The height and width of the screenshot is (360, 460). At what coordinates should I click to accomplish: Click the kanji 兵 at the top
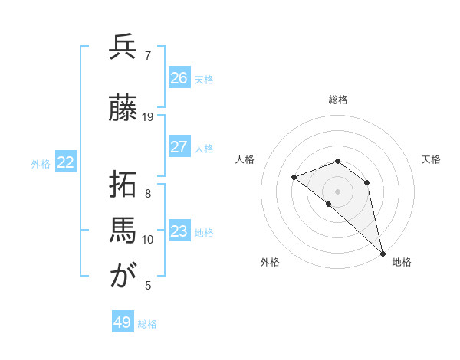coord(123,47)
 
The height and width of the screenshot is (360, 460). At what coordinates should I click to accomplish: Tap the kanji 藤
coord(123,109)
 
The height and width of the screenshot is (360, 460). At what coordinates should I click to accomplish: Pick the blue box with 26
coord(179,78)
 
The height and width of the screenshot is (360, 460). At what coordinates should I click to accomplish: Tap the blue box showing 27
coord(179,147)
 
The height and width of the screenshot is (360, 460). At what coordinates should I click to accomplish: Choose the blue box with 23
coord(179,231)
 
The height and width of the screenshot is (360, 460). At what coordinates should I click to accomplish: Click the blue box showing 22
coord(66,162)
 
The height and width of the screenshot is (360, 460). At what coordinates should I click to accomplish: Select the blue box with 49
coord(123,322)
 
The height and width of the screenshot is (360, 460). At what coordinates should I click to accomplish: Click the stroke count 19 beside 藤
coord(148,117)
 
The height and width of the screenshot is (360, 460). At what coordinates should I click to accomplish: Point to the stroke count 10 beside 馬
coord(148,240)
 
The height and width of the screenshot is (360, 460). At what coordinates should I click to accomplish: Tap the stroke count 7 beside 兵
coord(148,56)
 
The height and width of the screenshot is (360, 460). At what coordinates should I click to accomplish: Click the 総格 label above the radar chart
coord(338,100)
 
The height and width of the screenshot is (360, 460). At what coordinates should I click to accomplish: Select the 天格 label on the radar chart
coord(431,159)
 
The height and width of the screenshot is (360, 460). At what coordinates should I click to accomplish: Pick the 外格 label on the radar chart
coord(270,262)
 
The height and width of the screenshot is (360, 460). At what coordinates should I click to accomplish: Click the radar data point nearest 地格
coord(382,254)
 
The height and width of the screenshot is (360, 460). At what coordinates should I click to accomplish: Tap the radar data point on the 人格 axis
coord(294,178)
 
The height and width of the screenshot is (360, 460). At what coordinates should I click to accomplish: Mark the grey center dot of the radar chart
coord(338,191)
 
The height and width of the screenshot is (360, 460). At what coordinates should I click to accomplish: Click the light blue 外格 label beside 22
coord(41,163)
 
